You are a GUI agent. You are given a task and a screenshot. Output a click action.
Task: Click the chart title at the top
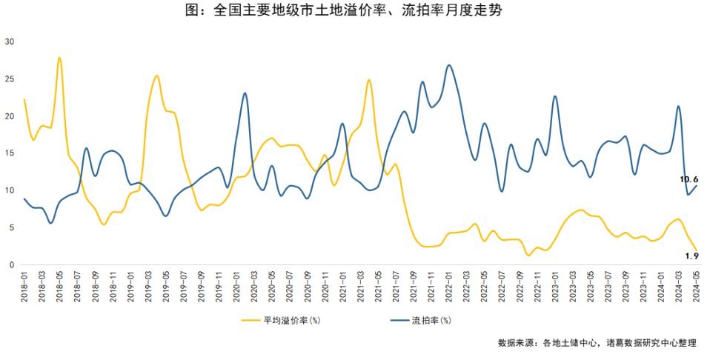355,11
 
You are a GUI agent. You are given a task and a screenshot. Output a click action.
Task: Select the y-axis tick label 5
11,227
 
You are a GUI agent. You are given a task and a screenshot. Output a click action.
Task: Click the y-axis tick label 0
11,264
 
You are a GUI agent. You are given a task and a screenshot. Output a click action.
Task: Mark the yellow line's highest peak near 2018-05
59,58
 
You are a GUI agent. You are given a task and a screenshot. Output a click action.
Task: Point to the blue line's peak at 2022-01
449,65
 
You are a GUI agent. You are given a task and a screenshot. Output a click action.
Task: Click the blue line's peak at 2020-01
245,93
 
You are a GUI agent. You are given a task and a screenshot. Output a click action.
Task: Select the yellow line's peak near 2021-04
368,80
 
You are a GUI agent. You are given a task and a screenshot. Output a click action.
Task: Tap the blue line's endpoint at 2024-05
697,185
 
